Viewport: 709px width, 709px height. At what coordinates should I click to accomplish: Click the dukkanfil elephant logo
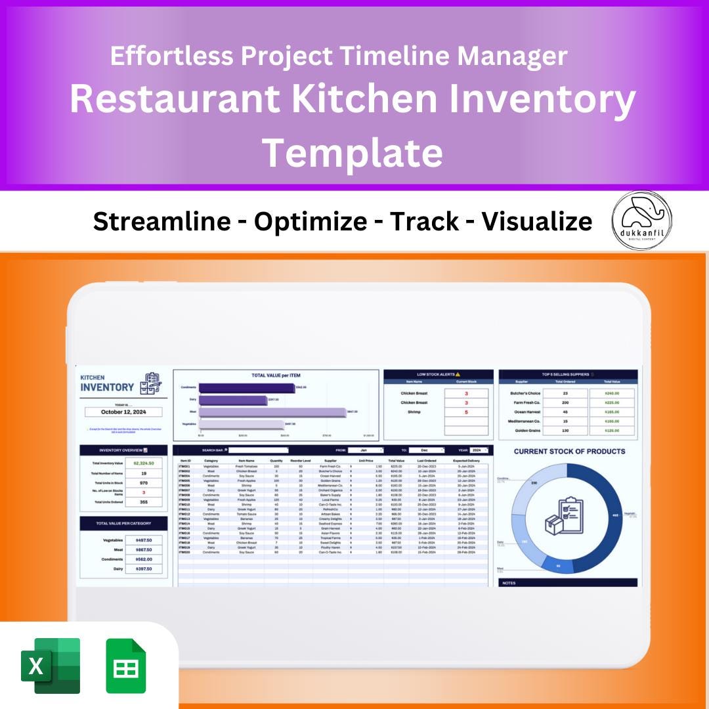tap(641, 221)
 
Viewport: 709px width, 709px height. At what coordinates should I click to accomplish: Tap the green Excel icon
tap(51, 666)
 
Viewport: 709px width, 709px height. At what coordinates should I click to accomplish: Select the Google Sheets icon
tap(126, 666)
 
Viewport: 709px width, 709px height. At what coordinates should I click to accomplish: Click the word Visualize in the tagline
tap(537, 222)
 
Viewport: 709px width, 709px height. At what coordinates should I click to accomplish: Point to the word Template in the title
tap(353, 153)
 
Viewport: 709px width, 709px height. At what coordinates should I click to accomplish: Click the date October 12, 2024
tap(123, 412)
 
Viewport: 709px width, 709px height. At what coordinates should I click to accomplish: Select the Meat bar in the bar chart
tap(272, 412)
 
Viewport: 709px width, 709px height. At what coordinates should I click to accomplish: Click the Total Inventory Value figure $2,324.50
tap(144, 463)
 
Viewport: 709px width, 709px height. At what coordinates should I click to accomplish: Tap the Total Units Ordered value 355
tap(144, 502)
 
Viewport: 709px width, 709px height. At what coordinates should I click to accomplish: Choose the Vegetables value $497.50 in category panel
tap(144, 540)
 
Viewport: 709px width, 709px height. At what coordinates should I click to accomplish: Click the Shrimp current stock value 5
tap(466, 412)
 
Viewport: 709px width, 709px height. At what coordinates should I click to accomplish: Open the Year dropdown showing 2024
tap(479, 450)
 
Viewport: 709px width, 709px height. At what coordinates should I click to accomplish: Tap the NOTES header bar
tap(568, 582)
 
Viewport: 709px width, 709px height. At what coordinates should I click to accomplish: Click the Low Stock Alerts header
tap(438, 374)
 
